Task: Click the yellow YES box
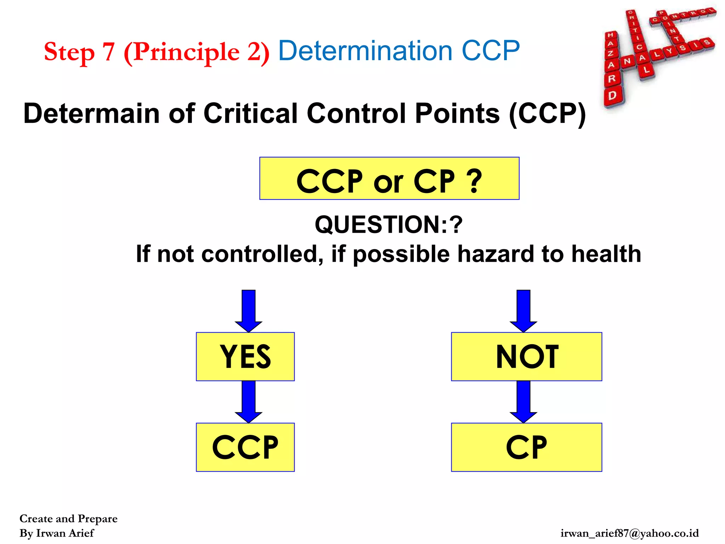point(245,356)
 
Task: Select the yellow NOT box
point(526,356)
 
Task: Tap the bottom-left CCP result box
point(245,447)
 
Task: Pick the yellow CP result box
point(526,447)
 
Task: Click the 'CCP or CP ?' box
point(389,178)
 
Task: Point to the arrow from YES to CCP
point(249,402)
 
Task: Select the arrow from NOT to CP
point(523,402)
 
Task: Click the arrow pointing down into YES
point(249,310)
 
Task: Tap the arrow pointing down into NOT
point(523,310)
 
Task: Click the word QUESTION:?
point(388,225)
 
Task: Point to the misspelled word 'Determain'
point(91,113)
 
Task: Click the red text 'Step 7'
point(79,52)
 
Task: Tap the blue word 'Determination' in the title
point(365,51)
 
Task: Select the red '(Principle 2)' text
point(196,52)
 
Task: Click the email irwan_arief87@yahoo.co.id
point(629,533)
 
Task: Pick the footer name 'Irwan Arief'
point(65,533)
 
